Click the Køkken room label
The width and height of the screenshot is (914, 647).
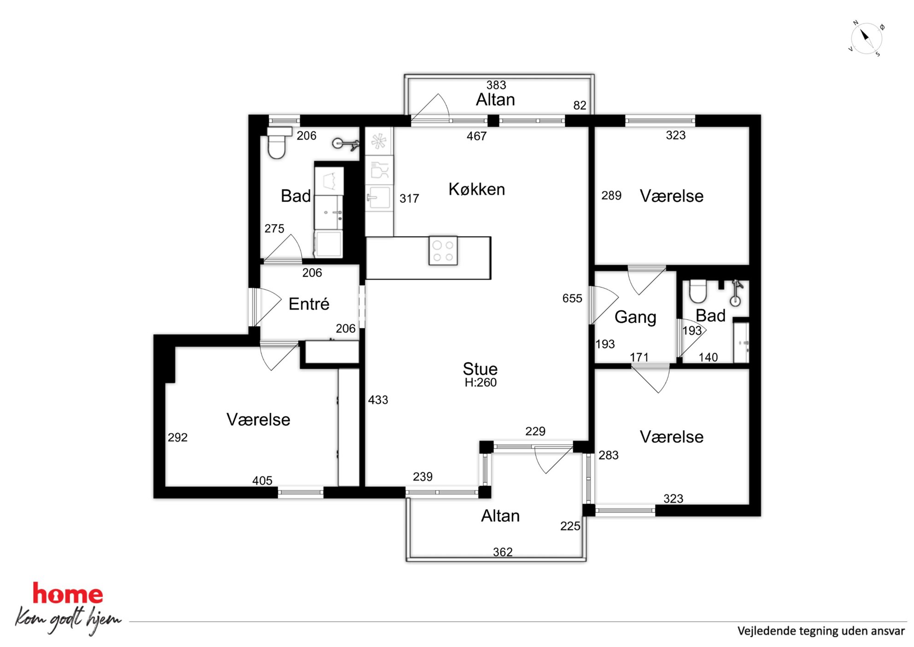pyautogui.click(x=477, y=189)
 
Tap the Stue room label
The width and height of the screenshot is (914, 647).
pyautogui.click(x=480, y=369)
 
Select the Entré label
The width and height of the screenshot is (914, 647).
pyautogui.click(x=309, y=304)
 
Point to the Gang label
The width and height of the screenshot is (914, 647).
pyautogui.click(x=635, y=317)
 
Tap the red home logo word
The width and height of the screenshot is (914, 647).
pyautogui.click(x=68, y=594)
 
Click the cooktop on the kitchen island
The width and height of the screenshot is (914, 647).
pyautogui.click(x=443, y=251)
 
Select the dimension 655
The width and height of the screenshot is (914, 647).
pyautogui.click(x=572, y=298)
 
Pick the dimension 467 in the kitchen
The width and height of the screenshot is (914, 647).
pyautogui.click(x=476, y=136)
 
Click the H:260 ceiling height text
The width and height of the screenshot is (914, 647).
pyautogui.click(x=480, y=382)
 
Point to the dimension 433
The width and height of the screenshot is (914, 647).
pyautogui.click(x=378, y=400)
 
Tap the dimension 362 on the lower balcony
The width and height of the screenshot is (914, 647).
pyautogui.click(x=503, y=552)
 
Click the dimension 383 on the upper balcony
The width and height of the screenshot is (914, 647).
pyautogui.click(x=496, y=85)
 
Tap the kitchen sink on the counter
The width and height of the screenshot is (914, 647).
pyautogui.click(x=379, y=198)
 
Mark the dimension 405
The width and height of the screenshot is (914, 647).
pyautogui.click(x=262, y=481)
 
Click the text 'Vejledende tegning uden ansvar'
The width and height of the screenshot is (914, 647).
pyautogui.click(x=821, y=631)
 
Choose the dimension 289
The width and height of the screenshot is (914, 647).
pyautogui.click(x=611, y=196)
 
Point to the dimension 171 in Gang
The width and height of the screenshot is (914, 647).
pyautogui.click(x=639, y=357)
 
